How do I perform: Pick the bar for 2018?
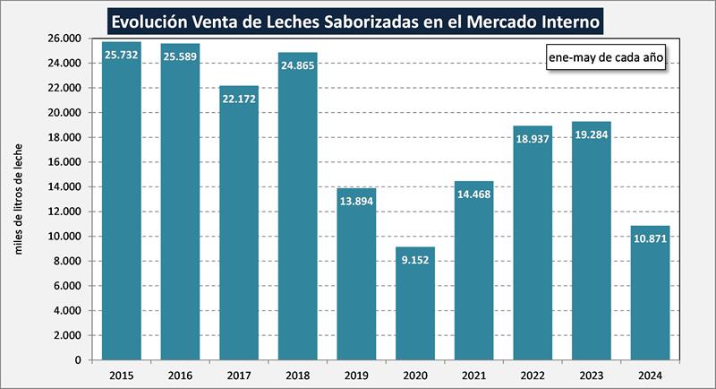pyautogui.click(x=297, y=206)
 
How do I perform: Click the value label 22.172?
pyautogui.click(x=238, y=98)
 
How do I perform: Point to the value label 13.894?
pyautogui.click(x=355, y=201)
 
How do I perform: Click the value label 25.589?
pyautogui.click(x=180, y=56)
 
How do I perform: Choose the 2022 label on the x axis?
pyautogui.click(x=532, y=374)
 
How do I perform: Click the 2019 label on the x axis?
pyautogui.click(x=355, y=374)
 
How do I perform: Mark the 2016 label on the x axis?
pyautogui.click(x=180, y=374)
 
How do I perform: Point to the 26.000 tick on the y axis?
pyautogui.click(x=65, y=39)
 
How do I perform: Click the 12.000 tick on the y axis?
pyautogui.click(x=65, y=212)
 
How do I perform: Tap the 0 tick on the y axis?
pyautogui.click(x=79, y=360)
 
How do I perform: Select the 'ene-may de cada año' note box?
pyautogui.click(x=604, y=56)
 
